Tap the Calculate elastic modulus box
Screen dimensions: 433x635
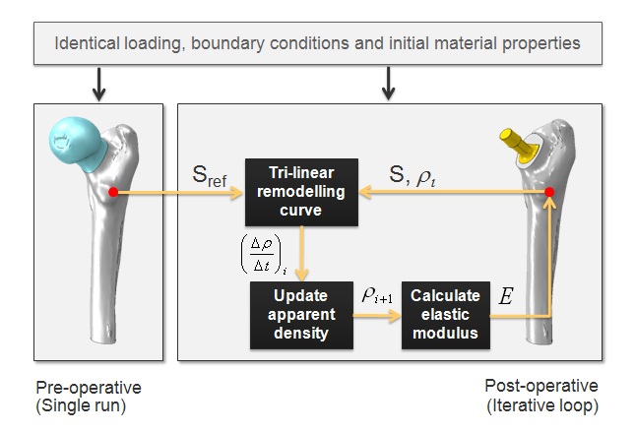[x=445, y=315]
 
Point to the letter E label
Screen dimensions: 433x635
[x=506, y=296]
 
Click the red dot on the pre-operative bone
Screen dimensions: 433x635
[x=114, y=192]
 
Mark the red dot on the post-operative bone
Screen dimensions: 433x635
[x=549, y=191]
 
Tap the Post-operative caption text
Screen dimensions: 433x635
[x=541, y=386]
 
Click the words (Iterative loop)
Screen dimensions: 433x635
[x=541, y=404]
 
